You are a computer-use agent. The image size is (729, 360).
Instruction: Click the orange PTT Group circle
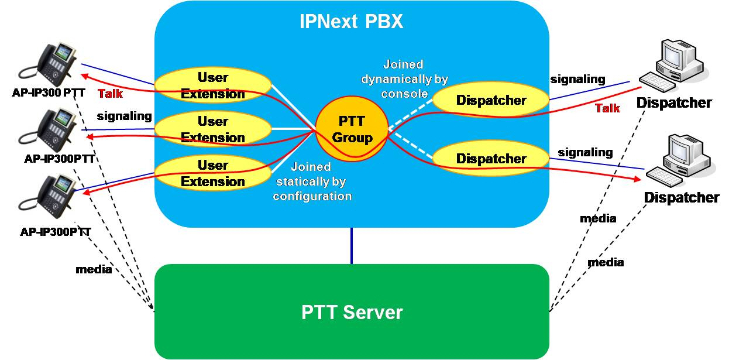pyautogui.click(x=352, y=129)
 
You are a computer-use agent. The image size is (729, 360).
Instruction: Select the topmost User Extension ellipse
pyautogui.click(x=213, y=85)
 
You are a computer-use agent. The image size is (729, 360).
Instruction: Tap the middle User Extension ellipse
pyautogui.click(x=213, y=129)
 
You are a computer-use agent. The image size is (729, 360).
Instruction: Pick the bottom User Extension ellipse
pyautogui.click(x=213, y=173)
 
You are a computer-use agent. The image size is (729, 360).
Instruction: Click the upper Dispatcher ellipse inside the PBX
pyautogui.click(x=491, y=100)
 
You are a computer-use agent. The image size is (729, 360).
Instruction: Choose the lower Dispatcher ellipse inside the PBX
pyautogui.click(x=491, y=159)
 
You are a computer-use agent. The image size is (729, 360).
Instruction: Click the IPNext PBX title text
pyautogui.click(x=351, y=22)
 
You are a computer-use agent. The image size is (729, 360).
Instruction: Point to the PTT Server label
pyautogui.click(x=352, y=312)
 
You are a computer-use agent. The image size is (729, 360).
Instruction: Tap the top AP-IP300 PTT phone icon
pyautogui.click(x=56, y=63)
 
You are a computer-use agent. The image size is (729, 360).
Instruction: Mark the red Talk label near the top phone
pyautogui.click(x=110, y=94)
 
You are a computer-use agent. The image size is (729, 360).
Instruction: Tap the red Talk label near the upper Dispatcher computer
pyautogui.click(x=607, y=108)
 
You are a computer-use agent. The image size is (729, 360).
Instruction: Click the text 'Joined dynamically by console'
pyautogui.click(x=403, y=78)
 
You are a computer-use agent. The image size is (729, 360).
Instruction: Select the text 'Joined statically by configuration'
pyautogui.click(x=312, y=181)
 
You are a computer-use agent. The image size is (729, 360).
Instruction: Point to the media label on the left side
pyautogui.click(x=93, y=270)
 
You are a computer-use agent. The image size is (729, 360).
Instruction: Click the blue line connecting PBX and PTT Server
pyautogui.click(x=352, y=246)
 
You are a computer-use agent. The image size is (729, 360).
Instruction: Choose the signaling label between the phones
pyautogui.click(x=124, y=116)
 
